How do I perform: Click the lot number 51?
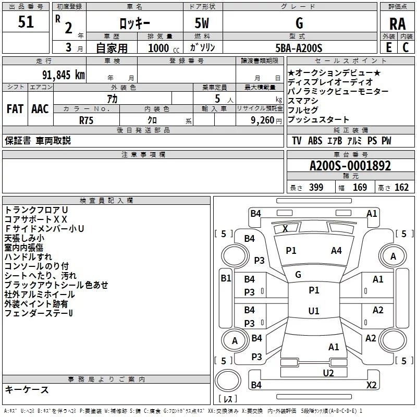[26, 22]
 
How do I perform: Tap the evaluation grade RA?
[397, 24]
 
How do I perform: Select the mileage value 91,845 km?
[63, 75]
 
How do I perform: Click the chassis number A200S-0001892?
[350, 166]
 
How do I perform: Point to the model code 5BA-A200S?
[299, 48]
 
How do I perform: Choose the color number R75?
[86, 120]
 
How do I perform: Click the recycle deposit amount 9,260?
[262, 120]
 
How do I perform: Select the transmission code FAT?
[15, 109]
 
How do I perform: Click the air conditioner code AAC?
[40, 109]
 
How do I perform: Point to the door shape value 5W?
[202, 23]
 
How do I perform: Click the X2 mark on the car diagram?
[371, 385]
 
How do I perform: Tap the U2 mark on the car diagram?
[328, 373]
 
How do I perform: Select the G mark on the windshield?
[298, 275]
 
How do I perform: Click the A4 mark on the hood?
[336, 251]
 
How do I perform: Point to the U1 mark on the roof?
[314, 311]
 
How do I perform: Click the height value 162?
[401, 188]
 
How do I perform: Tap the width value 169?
[360, 188]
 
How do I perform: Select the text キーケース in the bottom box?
[27, 389]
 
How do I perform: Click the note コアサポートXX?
[35, 219]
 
